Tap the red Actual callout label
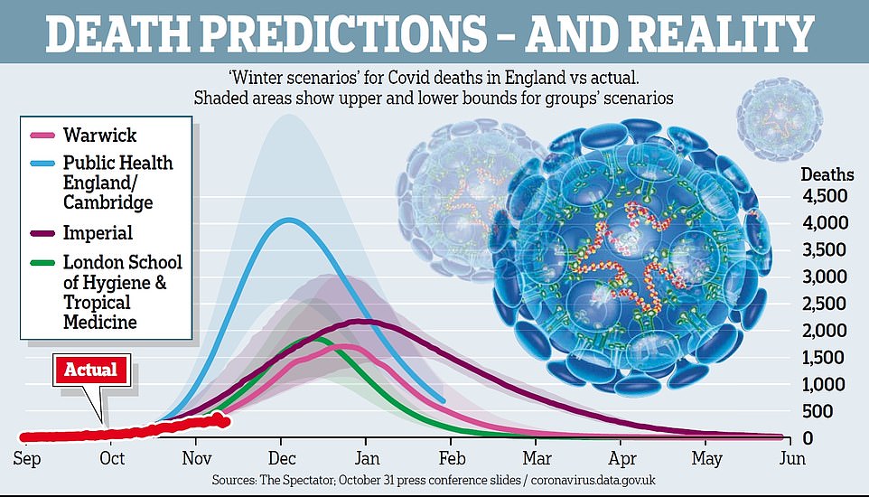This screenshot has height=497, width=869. coord(92,369)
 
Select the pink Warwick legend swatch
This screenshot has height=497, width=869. coord(42,136)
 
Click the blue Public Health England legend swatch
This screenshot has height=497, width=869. coord(42,164)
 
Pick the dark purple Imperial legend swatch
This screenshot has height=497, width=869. coord(42,233)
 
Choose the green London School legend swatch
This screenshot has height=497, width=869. coord(42,262)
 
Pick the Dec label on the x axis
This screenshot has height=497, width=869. coord(282,458)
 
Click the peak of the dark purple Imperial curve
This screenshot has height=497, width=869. coord(361,321)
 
